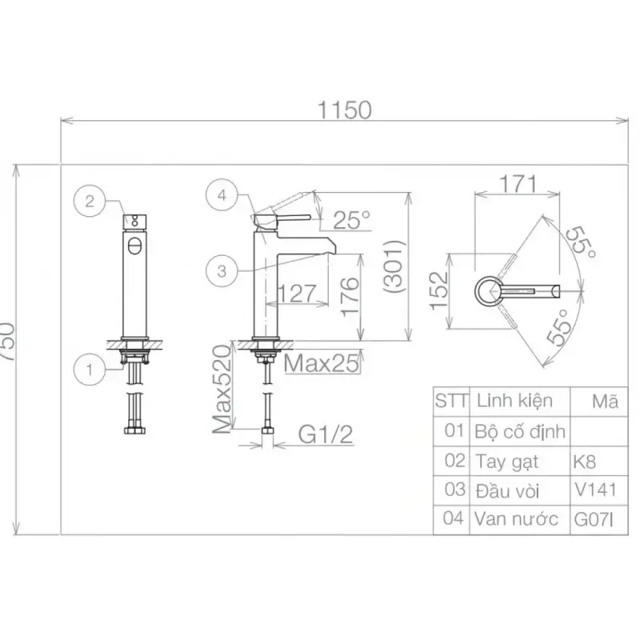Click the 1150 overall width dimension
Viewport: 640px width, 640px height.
(345, 110)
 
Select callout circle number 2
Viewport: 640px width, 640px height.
(90, 201)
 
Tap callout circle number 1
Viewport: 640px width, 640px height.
(90, 370)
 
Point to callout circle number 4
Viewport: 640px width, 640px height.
(222, 195)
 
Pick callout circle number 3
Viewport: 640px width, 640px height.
(222, 270)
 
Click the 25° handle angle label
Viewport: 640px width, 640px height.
(351, 220)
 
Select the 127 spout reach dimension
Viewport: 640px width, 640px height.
(297, 293)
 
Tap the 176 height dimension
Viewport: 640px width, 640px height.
(350, 297)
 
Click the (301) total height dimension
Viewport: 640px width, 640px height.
(394, 266)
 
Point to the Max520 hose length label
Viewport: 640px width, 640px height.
(222, 389)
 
